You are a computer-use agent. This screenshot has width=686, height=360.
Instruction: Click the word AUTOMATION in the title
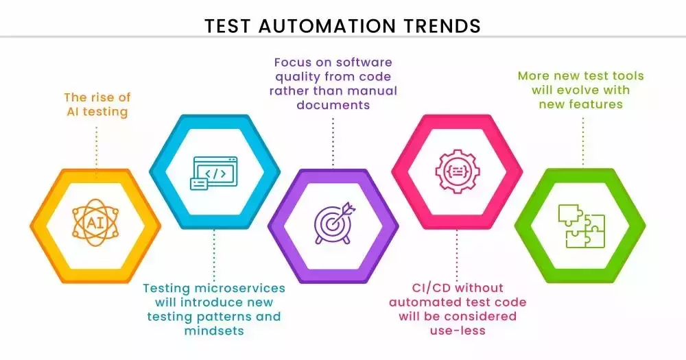[327, 26]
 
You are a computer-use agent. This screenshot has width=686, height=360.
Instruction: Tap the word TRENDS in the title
[441, 26]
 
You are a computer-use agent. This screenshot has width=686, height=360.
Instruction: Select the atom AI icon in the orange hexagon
[95, 223]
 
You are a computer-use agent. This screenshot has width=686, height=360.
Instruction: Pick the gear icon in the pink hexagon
[457, 171]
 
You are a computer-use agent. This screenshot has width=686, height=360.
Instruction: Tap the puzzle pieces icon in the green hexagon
[581, 226]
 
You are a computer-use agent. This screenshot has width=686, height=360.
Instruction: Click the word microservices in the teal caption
[239, 288]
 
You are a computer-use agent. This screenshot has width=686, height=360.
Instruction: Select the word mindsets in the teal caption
[214, 331]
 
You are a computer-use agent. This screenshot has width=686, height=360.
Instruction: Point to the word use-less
[458, 331]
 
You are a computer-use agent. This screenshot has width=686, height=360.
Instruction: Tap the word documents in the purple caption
[333, 105]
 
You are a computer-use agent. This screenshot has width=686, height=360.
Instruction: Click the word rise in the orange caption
[102, 97]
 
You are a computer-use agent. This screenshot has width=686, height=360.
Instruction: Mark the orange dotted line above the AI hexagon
[96, 151]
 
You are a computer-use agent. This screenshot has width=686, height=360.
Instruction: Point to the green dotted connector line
[582, 141]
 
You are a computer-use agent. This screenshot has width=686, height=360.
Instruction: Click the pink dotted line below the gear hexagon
[457, 255]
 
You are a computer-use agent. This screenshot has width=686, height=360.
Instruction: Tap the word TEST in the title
[228, 26]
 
